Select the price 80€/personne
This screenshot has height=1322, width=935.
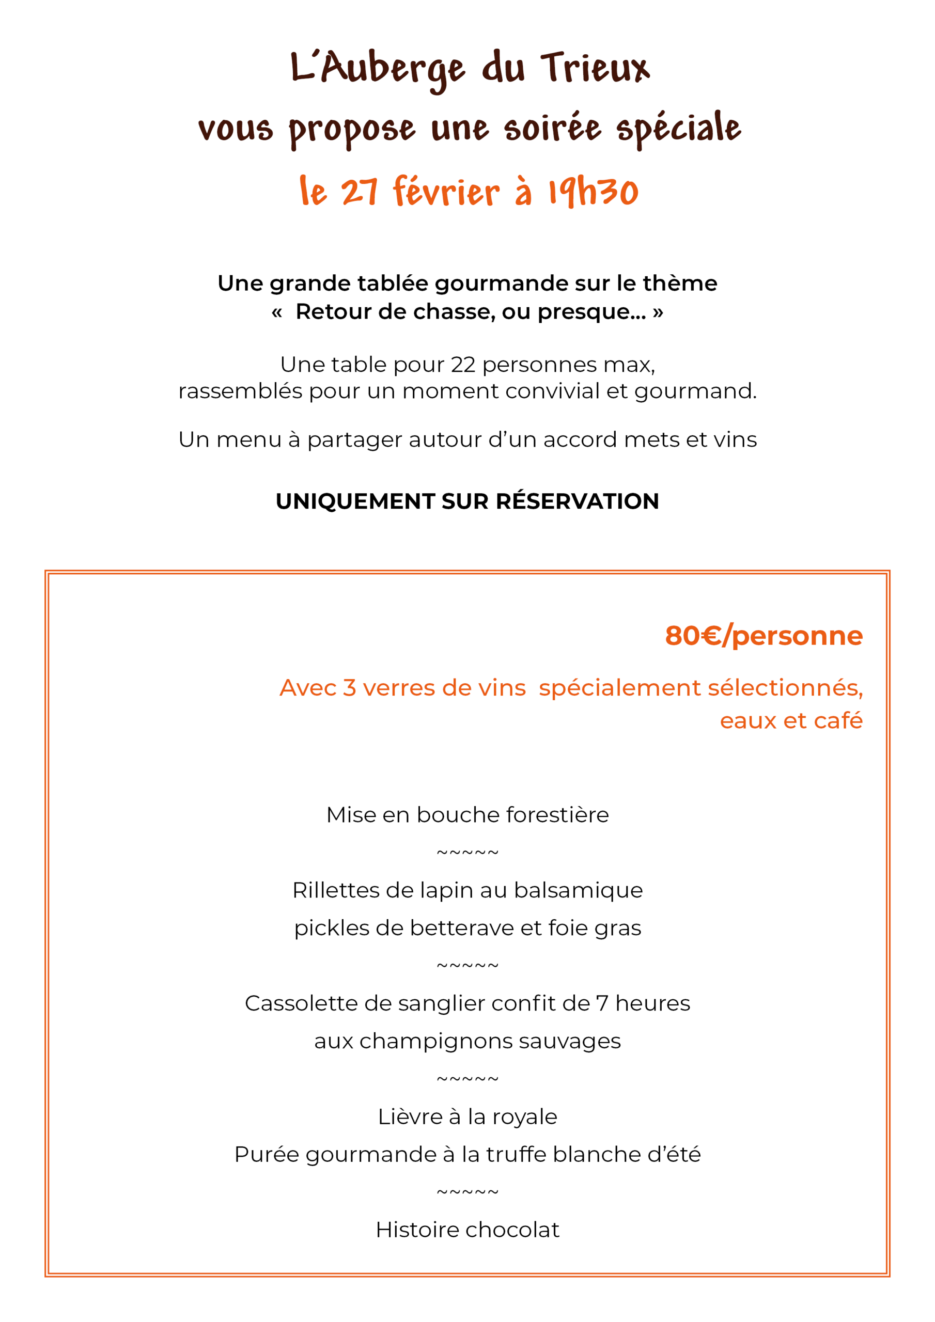(x=763, y=636)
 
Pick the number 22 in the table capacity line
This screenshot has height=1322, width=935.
(x=463, y=365)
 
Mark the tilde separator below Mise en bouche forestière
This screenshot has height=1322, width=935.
(x=467, y=853)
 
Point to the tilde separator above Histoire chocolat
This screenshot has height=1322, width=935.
(x=467, y=1192)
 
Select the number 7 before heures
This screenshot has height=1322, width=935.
(x=602, y=1003)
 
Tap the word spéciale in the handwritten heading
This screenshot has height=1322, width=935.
(x=679, y=128)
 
